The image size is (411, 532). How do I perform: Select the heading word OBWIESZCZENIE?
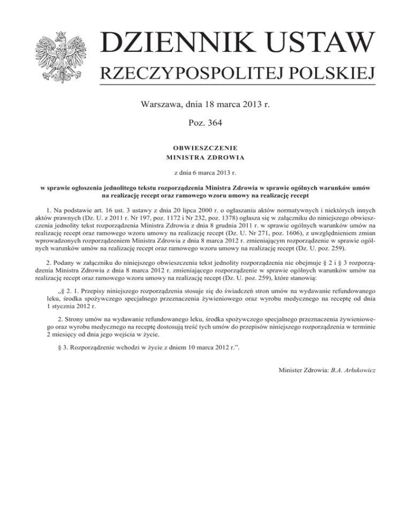pos(205,147)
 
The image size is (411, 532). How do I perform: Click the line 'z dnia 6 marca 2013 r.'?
pos(205,173)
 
